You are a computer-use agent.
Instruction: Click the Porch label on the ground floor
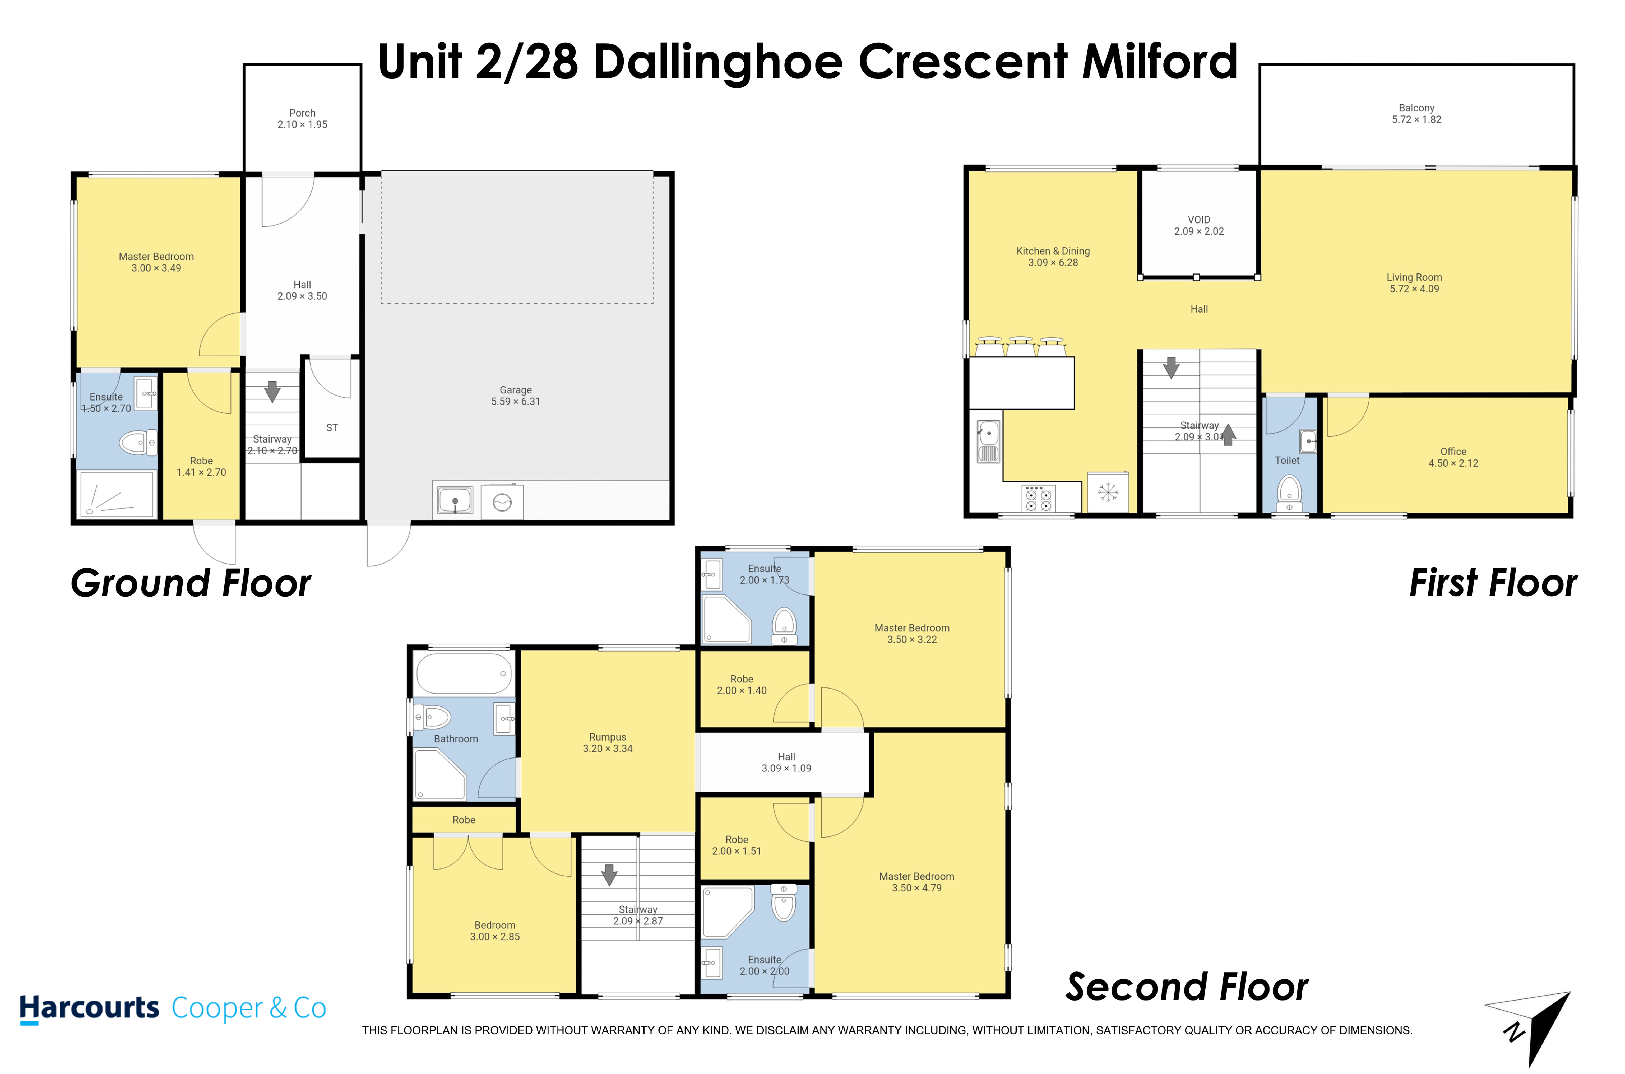coord(302,113)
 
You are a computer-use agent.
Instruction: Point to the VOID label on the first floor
coord(1199,220)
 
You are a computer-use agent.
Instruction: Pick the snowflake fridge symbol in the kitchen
coord(1108,492)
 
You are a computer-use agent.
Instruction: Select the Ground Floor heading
coord(191,584)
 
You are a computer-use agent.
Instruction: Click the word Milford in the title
coord(1160,62)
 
